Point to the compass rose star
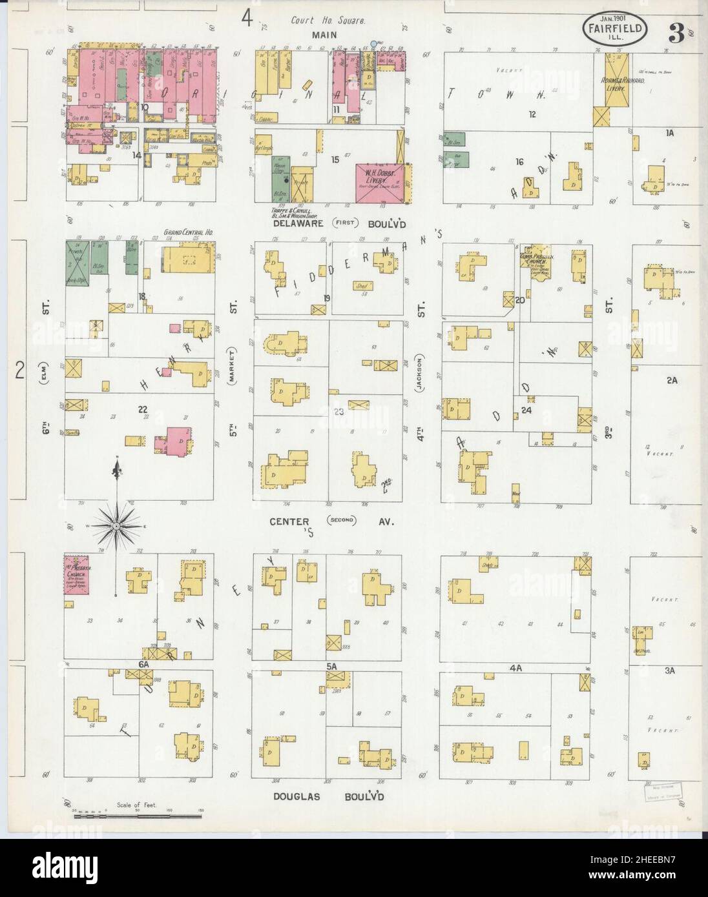[116, 526]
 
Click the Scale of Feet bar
[140, 816]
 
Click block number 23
[338, 412]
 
